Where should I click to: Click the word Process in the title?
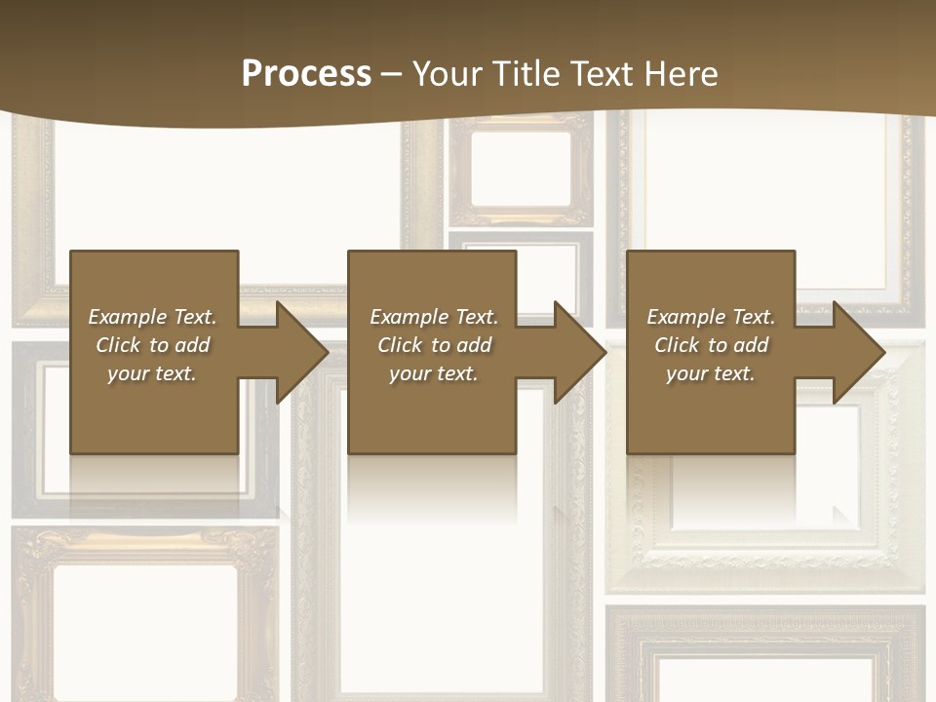click(306, 74)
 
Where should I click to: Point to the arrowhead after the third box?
click(857, 352)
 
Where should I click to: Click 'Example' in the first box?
click(126, 317)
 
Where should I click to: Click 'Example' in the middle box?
click(408, 317)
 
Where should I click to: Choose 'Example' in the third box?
click(684, 317)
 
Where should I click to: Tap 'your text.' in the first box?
click(152, 373)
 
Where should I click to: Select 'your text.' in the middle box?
click(434, 373)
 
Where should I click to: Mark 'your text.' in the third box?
click(711, 373)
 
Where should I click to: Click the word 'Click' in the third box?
click(677, 345)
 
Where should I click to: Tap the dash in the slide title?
click(391, 74)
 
